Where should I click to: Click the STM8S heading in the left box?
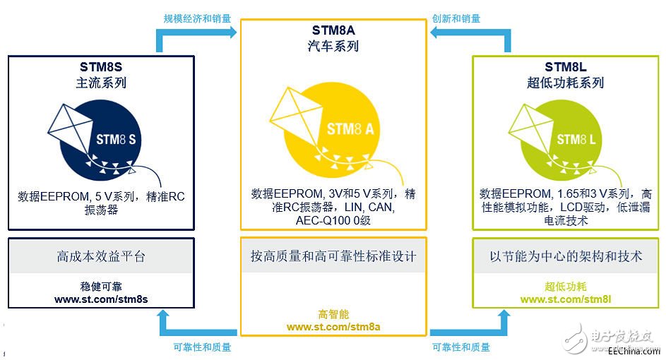click(102, 68)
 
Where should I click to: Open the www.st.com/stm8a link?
click(334, 327)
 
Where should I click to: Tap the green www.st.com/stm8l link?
click(566, 299)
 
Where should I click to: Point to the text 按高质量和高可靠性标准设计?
click(333, 256)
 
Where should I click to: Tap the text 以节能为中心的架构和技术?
click(566, 256)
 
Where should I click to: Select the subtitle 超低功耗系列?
click(566, 83)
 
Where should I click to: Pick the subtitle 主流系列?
click(102, 83)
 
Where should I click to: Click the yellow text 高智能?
click(334, 314)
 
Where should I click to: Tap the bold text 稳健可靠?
click(102, 287)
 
